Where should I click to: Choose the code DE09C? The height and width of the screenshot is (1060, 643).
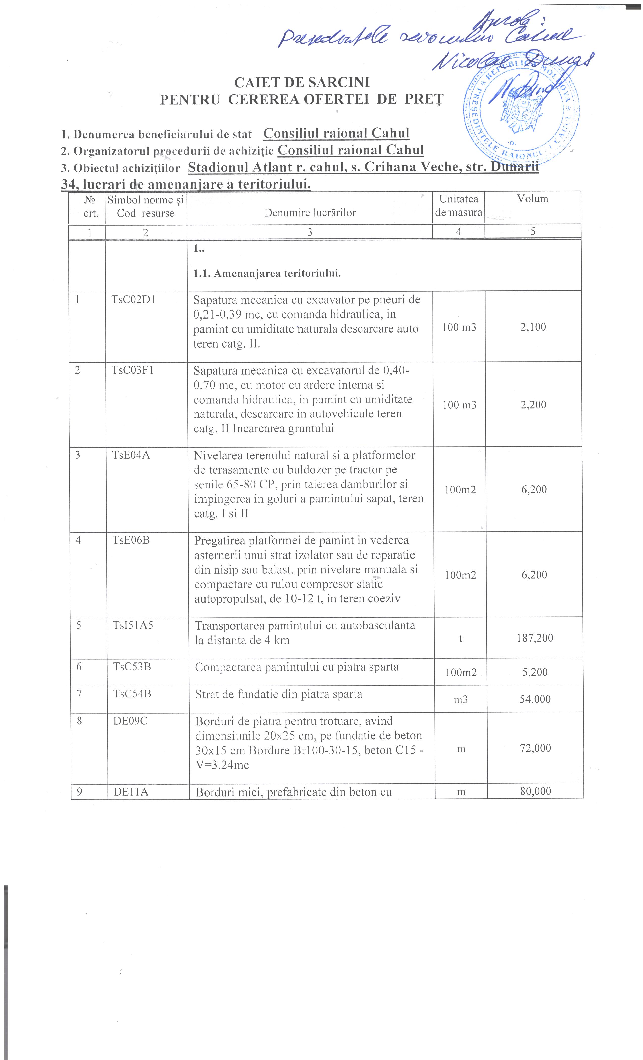130,721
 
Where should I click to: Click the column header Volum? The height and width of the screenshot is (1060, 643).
533,199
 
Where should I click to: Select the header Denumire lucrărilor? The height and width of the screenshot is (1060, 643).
310,213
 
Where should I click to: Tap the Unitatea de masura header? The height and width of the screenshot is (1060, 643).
459,206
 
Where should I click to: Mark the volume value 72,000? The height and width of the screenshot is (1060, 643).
535,748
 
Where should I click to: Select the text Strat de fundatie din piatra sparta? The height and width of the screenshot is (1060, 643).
279,694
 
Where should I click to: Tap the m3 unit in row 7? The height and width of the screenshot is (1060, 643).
461,700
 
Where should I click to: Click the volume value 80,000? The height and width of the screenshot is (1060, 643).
535,791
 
